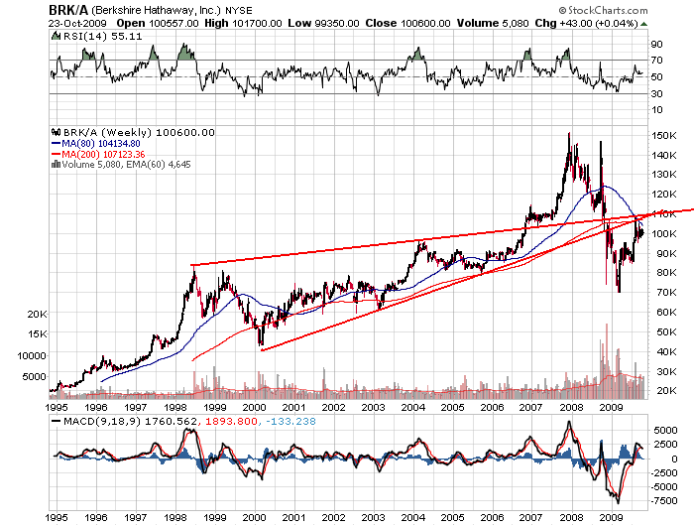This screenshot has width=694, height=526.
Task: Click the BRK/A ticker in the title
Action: point(68,9)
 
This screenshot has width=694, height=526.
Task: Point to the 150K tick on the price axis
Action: point(663,135)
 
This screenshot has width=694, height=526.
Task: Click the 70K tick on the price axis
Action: point(660,292)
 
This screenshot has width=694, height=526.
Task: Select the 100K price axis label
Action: point(663,233)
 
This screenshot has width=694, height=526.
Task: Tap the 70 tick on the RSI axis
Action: point(656,61)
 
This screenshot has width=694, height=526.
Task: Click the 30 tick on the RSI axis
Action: point(656,93)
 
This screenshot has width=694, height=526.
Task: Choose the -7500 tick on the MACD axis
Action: point(664,500)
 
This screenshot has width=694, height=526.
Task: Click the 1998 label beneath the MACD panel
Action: point(174,518)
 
